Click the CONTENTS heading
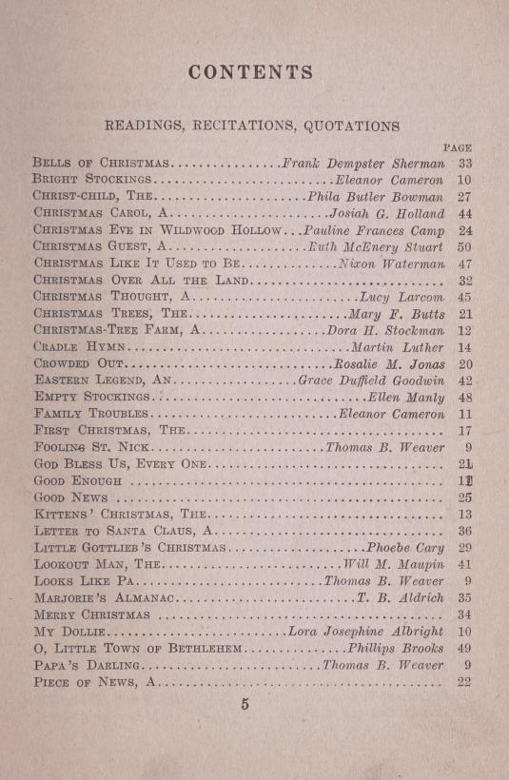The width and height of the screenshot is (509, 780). coord(251,72)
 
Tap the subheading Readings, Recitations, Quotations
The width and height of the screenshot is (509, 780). coord(251,125)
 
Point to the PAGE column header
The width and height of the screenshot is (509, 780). coord(458,147)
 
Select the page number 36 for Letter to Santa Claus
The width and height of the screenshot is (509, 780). coord(464,532)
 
